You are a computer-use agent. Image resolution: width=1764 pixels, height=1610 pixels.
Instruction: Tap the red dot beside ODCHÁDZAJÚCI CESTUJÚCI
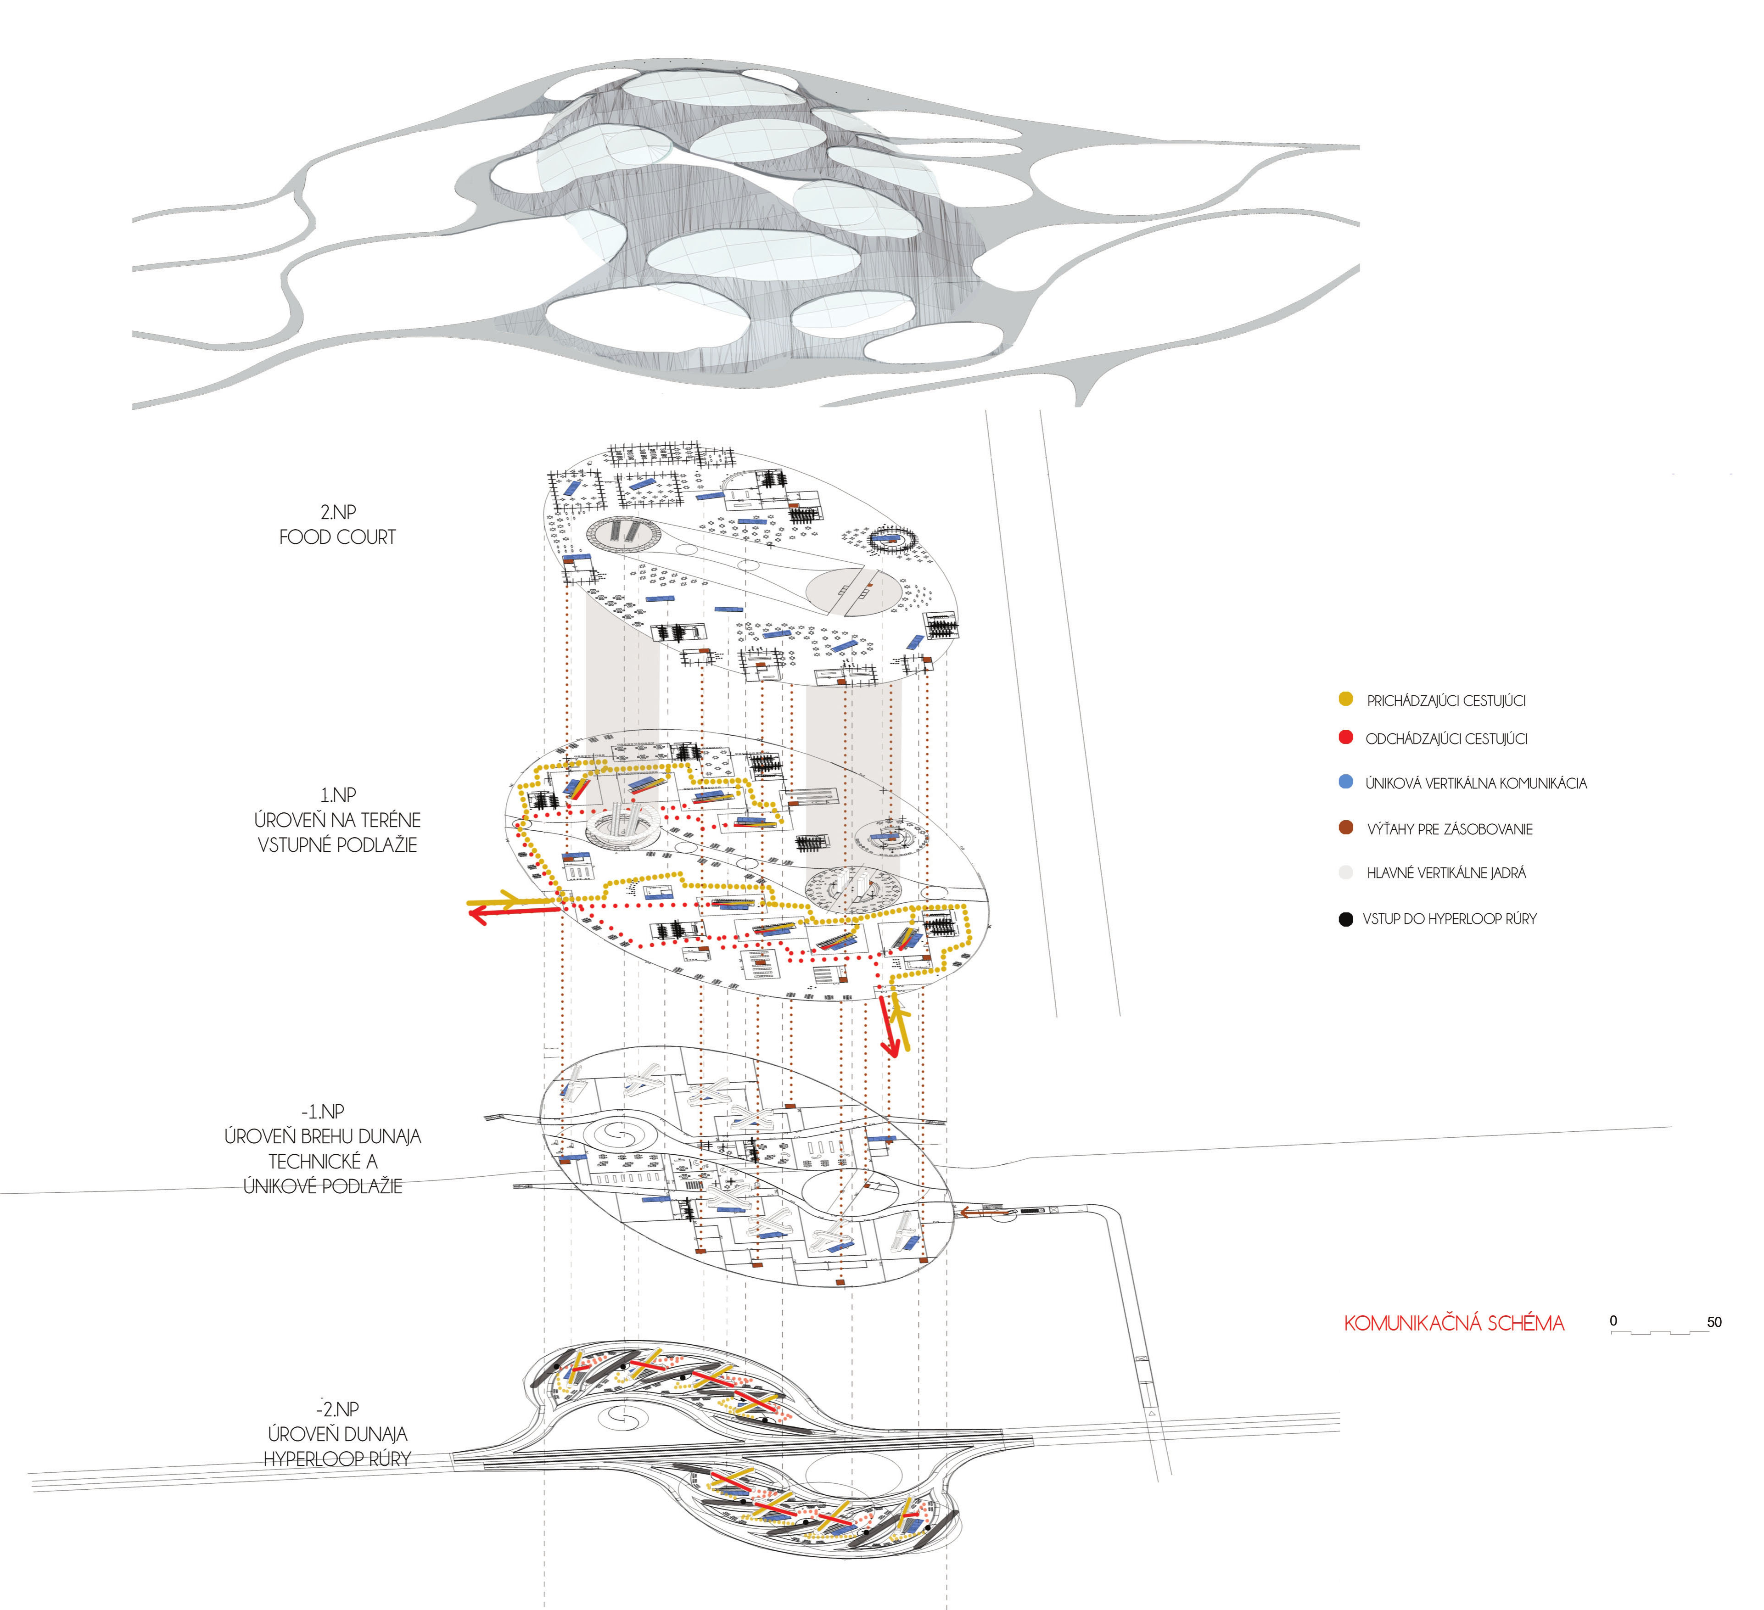(x=1346, y=738)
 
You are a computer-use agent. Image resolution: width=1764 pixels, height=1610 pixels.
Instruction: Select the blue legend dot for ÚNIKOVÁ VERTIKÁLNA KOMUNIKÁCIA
(x=1346, y=782)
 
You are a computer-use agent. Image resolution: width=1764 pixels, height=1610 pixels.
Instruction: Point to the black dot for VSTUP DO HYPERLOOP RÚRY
(x=1346, y=919)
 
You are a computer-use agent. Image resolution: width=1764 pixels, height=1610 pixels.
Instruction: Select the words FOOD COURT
(x=338, y=537)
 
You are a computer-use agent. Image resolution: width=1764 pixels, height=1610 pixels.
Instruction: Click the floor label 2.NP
(x=338, y=512)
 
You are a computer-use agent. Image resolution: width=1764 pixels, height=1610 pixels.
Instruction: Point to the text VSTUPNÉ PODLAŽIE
(x=338, y=845)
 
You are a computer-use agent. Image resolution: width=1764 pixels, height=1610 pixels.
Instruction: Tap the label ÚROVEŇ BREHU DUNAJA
(x=323, y=1137)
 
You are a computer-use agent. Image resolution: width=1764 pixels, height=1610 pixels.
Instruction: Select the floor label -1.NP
(x=323, y=1111)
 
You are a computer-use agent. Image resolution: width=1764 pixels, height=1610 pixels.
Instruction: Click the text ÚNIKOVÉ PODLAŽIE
(x=323, y=1186)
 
